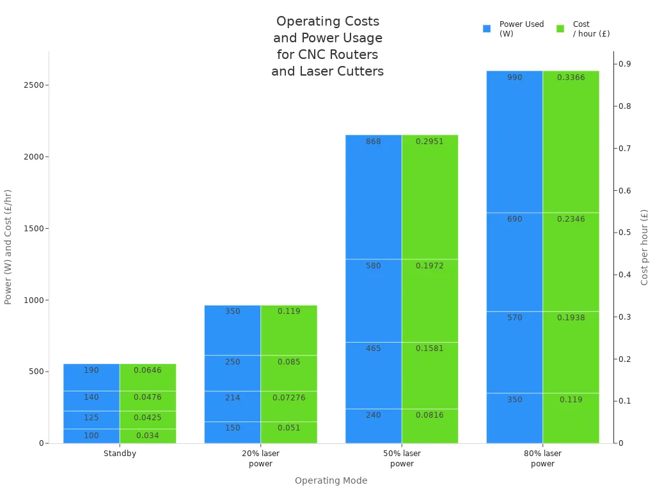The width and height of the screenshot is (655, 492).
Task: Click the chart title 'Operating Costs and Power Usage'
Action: click(x=327, y=46)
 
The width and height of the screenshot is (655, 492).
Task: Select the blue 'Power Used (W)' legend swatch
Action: click(x=487, y=29)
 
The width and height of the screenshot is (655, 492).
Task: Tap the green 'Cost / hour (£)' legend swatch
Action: click(x=560, y=29)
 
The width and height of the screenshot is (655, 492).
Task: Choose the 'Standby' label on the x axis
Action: click(x=120, y=454)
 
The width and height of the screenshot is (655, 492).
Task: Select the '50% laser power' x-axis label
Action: click(x=402, y=459)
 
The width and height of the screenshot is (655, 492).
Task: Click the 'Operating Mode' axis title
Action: click(x=331, y=480)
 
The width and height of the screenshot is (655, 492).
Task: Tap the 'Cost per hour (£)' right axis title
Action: click(x=644, y=247)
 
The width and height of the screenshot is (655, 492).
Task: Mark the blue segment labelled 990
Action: click(x=514, y=141)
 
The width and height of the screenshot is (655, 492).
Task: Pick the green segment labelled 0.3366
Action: click(x=571, y=141)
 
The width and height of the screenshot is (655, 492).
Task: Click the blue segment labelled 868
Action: click(x=374, y=197)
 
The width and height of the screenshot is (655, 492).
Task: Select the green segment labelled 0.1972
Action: click(x=430, y=300)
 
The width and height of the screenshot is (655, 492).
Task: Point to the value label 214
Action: click(x=232, y=398)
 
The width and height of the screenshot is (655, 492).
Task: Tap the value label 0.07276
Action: click(x=288, y=398)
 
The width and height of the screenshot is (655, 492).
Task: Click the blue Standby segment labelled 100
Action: click(x=91, y=436)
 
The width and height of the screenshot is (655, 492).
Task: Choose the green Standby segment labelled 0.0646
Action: click(x=148, y=377)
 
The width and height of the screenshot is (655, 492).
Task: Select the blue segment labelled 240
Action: click(x=374, y=426)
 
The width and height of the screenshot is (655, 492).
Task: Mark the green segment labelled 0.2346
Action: click(x=571, y=261)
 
